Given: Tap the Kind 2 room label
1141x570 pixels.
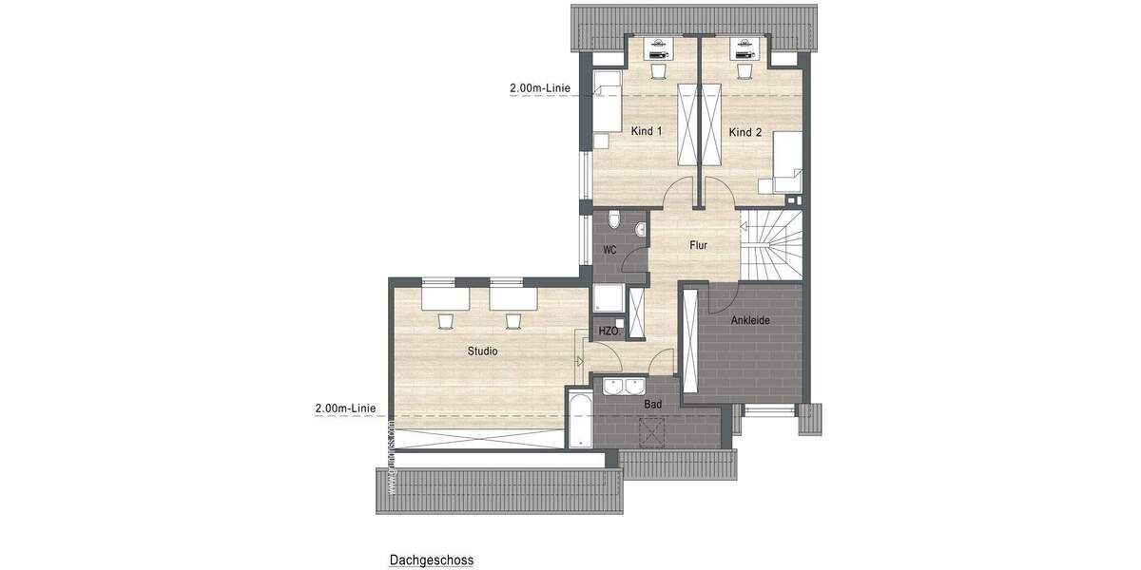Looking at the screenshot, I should (745, 132).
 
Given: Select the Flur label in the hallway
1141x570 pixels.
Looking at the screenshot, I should (699, 245).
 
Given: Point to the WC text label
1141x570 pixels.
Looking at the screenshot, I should (610, 251).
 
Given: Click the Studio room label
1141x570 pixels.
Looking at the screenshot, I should (482, 351).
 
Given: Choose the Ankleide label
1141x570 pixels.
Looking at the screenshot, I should (750, 320).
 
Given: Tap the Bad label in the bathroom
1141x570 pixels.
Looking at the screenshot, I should (652, 404).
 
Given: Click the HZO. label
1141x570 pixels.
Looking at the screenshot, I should (609, 332).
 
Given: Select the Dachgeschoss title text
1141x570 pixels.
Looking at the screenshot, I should (431, 560).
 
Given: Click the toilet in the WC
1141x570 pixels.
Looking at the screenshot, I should (615, 221).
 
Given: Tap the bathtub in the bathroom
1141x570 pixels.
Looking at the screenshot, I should (578, 418).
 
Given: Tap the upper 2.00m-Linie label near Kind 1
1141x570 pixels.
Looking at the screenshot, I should (539, 88).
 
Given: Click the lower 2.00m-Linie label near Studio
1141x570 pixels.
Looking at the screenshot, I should (344, 408).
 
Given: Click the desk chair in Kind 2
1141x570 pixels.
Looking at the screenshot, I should (743, 70).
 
